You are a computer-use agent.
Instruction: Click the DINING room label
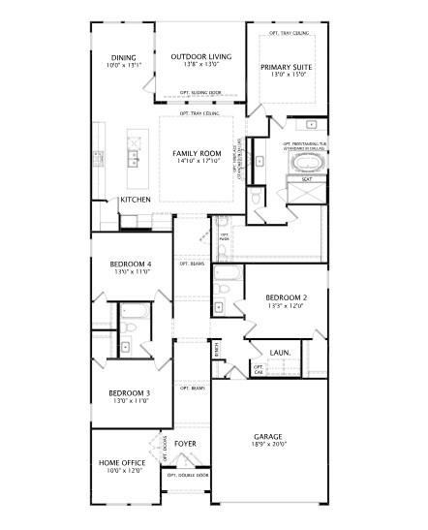122,57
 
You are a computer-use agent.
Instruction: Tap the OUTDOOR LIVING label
201,57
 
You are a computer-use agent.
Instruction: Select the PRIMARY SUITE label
284,67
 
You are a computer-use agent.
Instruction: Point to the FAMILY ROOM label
198,153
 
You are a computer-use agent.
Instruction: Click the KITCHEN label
136,200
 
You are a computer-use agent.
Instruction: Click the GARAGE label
267,436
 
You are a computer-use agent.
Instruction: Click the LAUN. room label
281,352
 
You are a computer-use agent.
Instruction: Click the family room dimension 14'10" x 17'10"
198,161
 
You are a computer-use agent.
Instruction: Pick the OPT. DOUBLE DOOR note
188,475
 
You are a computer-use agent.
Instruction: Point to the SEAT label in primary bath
306,179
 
